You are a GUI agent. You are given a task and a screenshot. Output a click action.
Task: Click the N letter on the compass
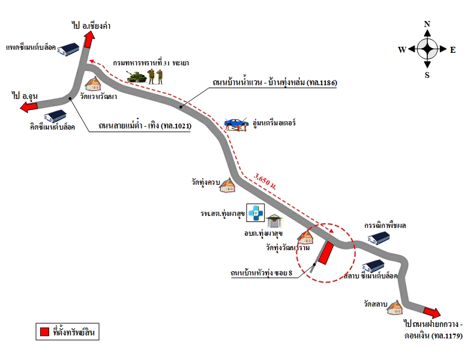(x=427, y=24)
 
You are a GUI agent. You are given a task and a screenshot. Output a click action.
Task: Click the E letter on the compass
(x=452, y=50)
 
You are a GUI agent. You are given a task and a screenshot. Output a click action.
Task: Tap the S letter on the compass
(x=427, y=75)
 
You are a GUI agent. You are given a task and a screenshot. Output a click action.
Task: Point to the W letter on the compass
(x=402, y=50)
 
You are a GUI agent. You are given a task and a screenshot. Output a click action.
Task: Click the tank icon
(x=137, y=77)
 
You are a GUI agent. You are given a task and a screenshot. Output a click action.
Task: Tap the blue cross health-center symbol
(x=256, y=212)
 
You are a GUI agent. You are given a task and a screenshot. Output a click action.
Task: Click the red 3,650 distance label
(x=265, y=181)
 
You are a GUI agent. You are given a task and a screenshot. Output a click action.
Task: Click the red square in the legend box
(x=44, y=331)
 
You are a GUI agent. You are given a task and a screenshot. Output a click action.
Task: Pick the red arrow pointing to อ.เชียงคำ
(x=89, y=39)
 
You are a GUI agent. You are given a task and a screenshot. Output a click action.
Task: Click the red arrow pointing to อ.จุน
(x=29, y=106)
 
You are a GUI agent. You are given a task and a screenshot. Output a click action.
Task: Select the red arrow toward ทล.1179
(x=432, y=312)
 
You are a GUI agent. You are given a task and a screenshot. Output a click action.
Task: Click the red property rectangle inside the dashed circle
(x=326, y=253)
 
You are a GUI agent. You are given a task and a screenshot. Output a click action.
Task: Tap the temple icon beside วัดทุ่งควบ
(x=227, y=185)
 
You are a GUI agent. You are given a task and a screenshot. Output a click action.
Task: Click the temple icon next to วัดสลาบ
(x=394, y=307)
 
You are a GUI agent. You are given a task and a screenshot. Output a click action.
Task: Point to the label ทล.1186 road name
(x=275, y=82)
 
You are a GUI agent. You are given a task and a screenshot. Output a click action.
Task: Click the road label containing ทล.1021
(x=145, y=125)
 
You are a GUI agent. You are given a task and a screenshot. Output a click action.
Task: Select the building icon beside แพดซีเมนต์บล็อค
(x=68, y=50)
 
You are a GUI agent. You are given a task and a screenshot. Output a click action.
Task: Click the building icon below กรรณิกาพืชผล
(x=379, y=238)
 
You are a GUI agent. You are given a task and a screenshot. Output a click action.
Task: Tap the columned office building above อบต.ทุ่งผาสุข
(x=274, y=221)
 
